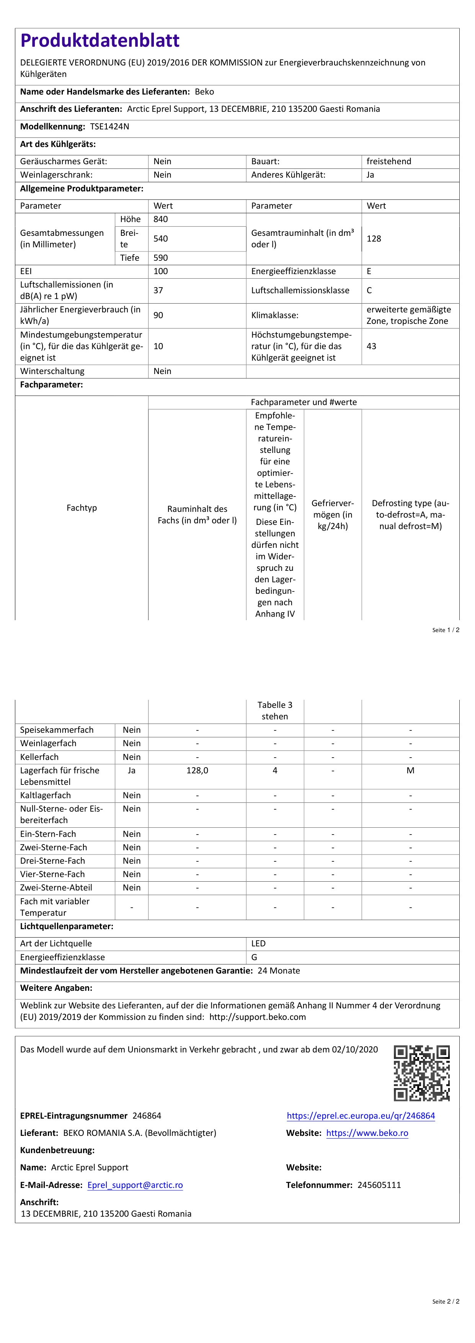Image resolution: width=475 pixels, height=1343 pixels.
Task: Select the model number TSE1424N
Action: (109, 127)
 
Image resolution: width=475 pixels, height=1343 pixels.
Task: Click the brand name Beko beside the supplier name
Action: (204, 92)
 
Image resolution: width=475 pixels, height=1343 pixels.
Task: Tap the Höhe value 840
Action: (161, 219)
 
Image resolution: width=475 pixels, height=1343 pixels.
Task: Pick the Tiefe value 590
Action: (161, 258)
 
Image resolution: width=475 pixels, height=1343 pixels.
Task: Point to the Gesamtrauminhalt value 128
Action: (374, 239)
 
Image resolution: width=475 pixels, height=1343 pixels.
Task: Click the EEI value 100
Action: (161, 271)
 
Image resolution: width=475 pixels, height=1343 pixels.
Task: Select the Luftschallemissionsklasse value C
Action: (369, 291)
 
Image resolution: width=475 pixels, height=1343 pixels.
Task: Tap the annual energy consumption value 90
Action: (158, 315)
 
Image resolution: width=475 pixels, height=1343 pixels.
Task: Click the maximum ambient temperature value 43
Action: (371, 346)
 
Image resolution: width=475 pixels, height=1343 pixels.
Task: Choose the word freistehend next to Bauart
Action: (388, 162)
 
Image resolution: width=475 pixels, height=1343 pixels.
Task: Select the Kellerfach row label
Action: (39, 757)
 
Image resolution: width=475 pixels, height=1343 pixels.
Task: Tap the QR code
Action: (421, 1073)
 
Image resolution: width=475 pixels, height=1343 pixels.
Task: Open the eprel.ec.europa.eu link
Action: (361, 1116)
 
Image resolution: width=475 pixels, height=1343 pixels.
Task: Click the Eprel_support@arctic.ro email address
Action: (135, 1185)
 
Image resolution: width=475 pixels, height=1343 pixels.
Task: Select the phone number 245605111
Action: (379, 1185)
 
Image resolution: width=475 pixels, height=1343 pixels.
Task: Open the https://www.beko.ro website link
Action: (367, 1133)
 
